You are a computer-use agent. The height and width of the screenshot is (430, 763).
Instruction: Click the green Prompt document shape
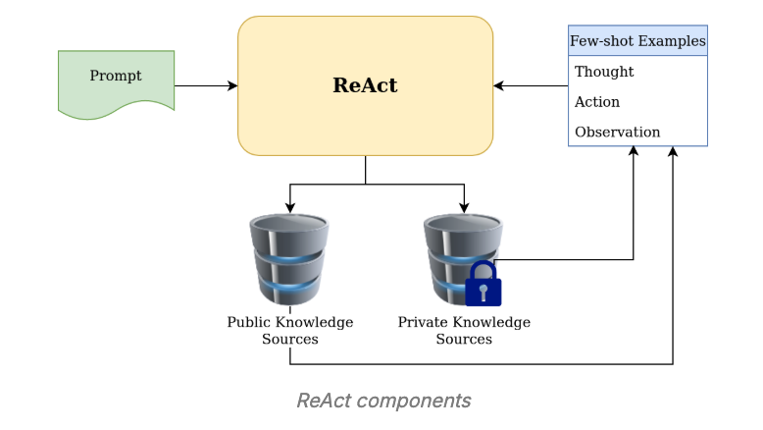[116, 84]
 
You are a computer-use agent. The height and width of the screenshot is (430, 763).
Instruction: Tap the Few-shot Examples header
[637, 41]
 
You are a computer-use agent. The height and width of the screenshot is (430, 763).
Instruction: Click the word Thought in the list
[604, 72]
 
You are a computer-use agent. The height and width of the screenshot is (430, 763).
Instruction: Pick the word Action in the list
[597, 102]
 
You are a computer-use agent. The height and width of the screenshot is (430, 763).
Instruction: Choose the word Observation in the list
[617, 132]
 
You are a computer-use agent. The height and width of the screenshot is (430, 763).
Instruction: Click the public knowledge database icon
[289, 260]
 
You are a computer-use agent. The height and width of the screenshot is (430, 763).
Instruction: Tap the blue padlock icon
[483, 285]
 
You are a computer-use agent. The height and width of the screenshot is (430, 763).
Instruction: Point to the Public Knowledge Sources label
[290, 330]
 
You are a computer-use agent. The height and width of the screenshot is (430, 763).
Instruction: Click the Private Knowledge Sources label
[464, 330]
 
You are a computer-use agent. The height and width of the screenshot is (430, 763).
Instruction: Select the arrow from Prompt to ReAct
[206, 85]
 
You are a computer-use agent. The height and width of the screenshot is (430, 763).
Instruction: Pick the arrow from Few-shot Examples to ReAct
[531, 85]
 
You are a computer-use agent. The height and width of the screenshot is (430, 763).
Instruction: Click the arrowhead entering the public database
[290, 208]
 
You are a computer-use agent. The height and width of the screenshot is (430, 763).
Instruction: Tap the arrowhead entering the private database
[464, 208]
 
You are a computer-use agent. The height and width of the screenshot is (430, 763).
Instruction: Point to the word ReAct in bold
[365, 85]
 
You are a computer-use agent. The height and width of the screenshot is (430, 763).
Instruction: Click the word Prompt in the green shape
[116, 76]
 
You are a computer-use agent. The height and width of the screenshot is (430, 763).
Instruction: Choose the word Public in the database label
[248, 322]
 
